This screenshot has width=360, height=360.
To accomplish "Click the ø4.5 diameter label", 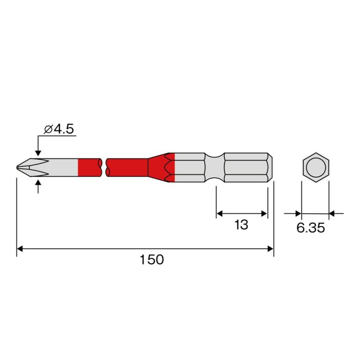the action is pos(59,129).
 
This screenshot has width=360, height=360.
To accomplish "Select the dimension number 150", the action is pos(152,260).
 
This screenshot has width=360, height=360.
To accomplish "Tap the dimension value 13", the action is pos(241,225).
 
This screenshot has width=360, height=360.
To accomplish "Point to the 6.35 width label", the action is pos(311,228).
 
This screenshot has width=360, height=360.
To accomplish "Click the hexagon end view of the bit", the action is pos(316,167).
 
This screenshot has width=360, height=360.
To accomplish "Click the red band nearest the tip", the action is pos(90,167).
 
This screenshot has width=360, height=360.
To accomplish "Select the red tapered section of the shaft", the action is pos(161,167).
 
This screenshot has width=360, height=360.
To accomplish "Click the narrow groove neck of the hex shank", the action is pos(214,167).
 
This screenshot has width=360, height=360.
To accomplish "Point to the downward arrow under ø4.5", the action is pos(38,146).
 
